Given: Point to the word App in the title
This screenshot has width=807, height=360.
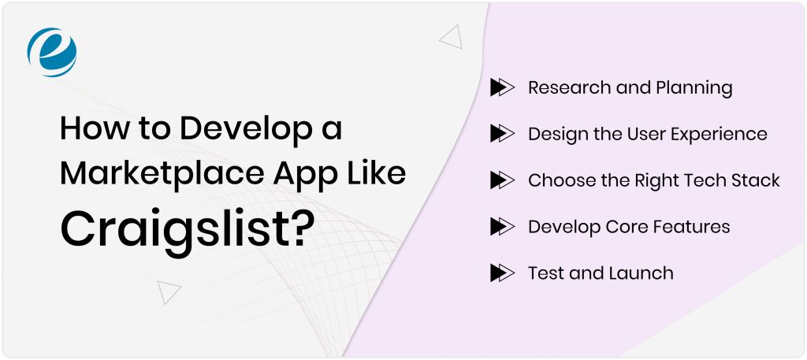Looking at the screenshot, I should point(325,173).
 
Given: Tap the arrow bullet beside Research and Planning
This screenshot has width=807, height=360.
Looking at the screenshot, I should point(501,87).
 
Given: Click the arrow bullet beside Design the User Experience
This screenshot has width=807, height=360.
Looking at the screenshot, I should point(501,134).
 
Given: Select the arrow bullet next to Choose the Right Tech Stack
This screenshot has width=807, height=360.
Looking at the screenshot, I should point(501,180).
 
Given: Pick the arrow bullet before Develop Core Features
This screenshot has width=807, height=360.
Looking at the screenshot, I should point(501,227).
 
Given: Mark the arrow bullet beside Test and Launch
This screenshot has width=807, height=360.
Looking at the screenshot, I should point(501,273).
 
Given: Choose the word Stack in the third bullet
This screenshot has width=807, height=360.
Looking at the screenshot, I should point(755,180).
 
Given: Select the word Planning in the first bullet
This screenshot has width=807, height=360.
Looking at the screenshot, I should point(694,88).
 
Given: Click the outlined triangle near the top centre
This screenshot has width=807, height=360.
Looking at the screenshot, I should point(451,36).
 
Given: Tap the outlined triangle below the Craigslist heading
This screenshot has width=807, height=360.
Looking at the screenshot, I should point(169,291).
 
